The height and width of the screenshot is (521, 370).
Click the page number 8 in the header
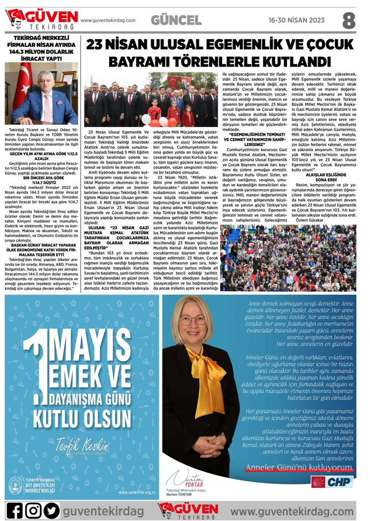pyautogui.click(x=348, y=20)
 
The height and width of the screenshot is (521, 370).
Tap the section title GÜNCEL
pyautogui.click(x=176, y=20)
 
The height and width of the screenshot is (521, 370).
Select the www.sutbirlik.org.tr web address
pyautogui.click(x=136, y=493)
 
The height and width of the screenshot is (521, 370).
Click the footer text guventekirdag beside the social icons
pyautogui.click(x=102, y=510)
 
